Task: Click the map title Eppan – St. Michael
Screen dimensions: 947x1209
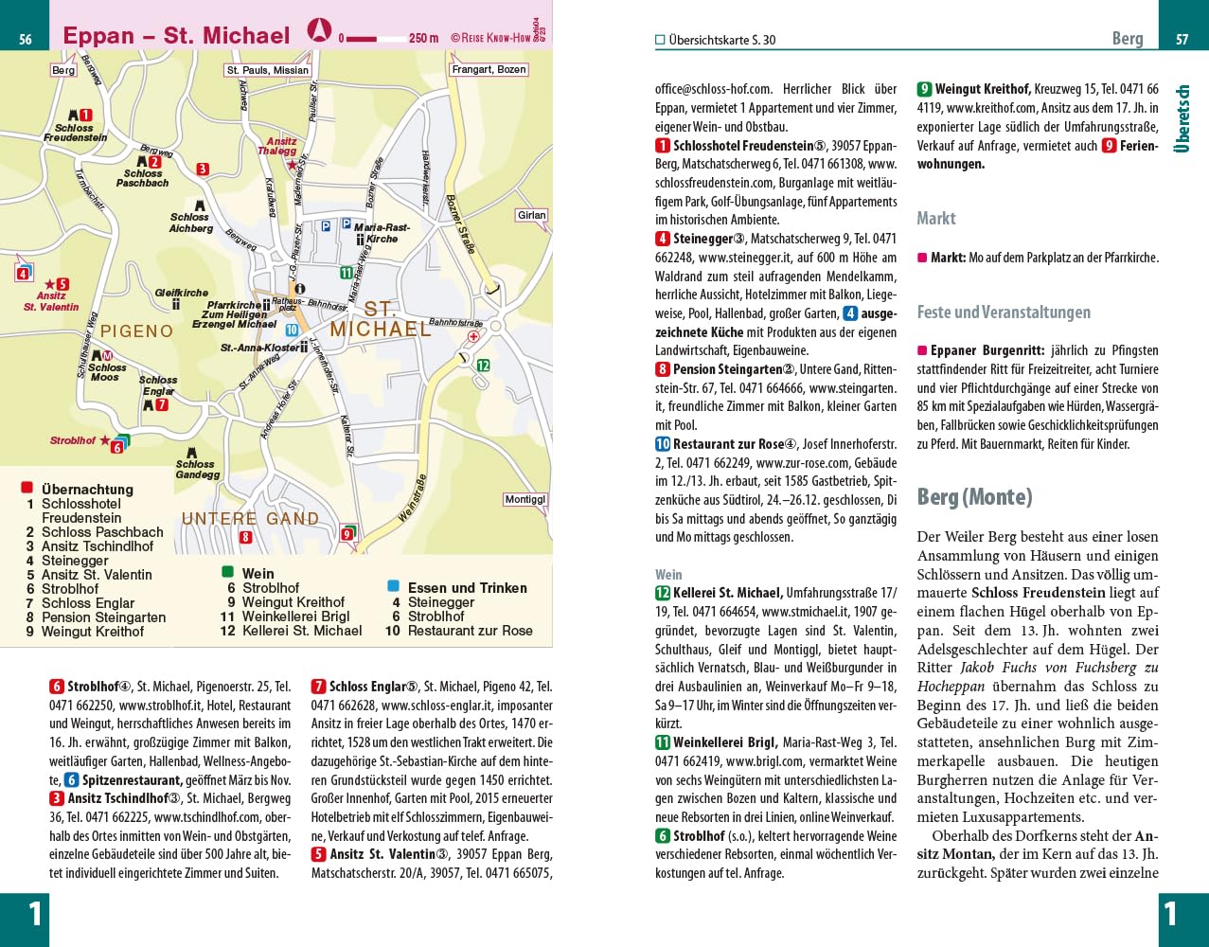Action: point(176,36)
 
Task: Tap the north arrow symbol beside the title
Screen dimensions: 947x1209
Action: point(320,31)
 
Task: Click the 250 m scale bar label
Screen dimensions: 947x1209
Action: point(423,39)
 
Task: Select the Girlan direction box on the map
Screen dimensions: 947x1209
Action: point(532,215)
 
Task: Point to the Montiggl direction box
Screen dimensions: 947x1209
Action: point(524,499)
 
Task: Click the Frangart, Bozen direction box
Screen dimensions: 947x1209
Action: point(489,69)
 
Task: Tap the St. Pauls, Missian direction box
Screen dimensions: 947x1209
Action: point(267,70)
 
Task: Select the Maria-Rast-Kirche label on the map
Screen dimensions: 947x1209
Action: point(382,233)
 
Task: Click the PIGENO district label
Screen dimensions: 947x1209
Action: point(137,331)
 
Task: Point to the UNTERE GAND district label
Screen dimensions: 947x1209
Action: point(250,519)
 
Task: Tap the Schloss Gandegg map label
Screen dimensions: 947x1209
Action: point(197,469)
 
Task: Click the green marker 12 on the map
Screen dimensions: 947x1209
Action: point(483,366)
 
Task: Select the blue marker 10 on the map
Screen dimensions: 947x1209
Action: point(292,331)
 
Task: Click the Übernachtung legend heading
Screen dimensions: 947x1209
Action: point(87,490)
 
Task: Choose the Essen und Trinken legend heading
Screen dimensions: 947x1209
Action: point(467,588)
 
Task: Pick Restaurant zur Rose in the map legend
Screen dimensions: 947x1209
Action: point(470,631)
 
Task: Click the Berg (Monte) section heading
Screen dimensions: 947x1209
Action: point(974,497)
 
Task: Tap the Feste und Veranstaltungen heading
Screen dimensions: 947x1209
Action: point(1004,313)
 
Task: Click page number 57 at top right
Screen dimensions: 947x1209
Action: point(1182,40)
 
